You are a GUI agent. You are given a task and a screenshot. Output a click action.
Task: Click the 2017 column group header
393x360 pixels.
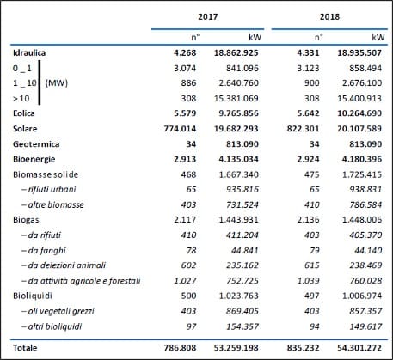tap(208, 16)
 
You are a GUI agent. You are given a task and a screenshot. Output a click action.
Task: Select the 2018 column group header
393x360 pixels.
tap(329, 16)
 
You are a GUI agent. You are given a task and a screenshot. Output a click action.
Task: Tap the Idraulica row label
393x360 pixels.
tap(29, 52)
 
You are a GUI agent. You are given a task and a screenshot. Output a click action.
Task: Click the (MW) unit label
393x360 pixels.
tap(57, 83)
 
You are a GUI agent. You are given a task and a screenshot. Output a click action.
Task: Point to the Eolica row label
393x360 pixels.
tap(24, 113)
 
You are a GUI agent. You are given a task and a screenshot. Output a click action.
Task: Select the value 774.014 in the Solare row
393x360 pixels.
tap(181, 129)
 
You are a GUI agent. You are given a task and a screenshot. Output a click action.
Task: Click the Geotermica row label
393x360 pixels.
tap(36, 143)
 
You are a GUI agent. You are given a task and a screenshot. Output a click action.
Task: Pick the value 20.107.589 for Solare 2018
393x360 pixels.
tap(359, 129)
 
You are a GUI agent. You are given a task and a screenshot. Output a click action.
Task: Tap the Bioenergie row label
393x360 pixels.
tap(34, 159)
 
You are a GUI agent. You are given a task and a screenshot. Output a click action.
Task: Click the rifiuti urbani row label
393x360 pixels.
tap(49, 189)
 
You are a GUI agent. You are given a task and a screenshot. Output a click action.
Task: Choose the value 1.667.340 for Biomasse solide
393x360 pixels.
tap(239, 174)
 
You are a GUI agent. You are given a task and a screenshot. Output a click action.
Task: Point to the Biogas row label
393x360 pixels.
tap(26, 220)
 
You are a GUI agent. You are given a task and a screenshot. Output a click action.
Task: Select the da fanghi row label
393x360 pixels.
tap(44, 251)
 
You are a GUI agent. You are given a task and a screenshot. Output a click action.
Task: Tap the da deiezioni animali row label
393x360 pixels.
tap(64, 265)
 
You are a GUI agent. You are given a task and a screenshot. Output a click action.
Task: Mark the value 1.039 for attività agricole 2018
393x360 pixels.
tap(308, 281)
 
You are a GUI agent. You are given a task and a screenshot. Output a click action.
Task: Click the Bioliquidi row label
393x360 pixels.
tap(33, 296)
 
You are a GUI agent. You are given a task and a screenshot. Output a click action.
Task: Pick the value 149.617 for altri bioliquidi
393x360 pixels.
tap(365, 326)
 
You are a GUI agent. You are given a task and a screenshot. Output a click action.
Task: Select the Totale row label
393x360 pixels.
tap(25, 348)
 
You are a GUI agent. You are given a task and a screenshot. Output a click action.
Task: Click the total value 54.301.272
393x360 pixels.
tap(359, 348)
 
